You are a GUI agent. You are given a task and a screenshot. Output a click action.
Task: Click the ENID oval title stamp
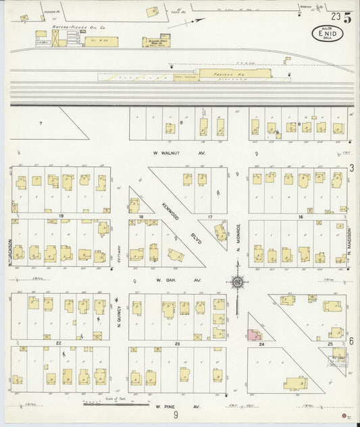(x=327, y=32)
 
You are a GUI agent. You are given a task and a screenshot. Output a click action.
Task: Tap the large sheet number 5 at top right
(x=346, y=18)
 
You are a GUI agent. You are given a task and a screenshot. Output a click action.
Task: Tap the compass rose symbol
(x=238, y=282)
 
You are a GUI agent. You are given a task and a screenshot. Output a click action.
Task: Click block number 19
(x=61, y=216)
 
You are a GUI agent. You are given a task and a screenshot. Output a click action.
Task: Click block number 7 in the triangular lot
(x=41, y=123)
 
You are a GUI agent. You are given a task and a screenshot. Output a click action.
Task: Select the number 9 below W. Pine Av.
(x=176, y=416)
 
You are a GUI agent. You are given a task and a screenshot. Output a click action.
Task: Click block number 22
(x=59, y=344)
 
